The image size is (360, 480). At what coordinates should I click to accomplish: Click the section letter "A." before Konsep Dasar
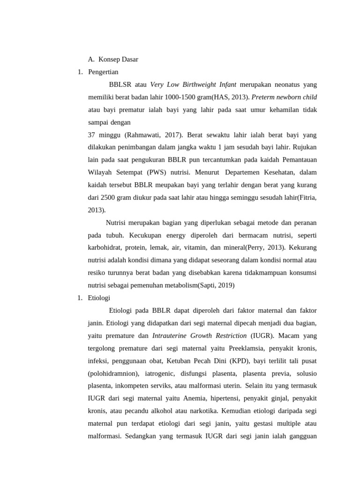coord(91,60)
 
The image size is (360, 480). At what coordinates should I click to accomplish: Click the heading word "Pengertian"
coord(103,72)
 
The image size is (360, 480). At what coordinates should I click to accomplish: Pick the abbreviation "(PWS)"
coord(160,172)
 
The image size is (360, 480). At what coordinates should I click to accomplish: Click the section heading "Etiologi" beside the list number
coord(99,298)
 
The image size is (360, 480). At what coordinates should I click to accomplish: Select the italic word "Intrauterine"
coord(170,336)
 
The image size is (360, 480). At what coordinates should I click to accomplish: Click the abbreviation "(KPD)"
coord(240,361)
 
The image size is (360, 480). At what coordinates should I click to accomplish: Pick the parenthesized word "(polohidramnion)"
coord(113,374)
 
